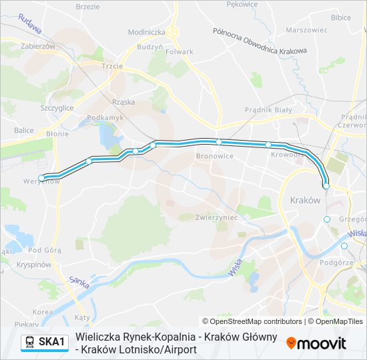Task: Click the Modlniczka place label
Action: coord(146,31)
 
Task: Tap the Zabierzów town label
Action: coord(38,47)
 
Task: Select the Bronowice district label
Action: coord(215,156)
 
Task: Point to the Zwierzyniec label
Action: coord(218,217)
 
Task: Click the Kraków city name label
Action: coord(306,200)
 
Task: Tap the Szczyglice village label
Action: coord(57,107)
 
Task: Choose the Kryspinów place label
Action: coord(35,265)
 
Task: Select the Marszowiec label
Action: coord(306,30)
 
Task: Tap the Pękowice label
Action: coord(242,4)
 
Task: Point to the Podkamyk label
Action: coord(105,117)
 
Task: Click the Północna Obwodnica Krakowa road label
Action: coord(260,41)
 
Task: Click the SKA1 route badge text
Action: coord(52,343)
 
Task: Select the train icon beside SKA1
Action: coord(30,343)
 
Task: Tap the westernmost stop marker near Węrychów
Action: coord(42,177)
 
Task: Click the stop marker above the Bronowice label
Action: coord(218,142)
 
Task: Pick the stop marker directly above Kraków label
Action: coord(326,186)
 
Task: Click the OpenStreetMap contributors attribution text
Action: coord(252,321)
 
